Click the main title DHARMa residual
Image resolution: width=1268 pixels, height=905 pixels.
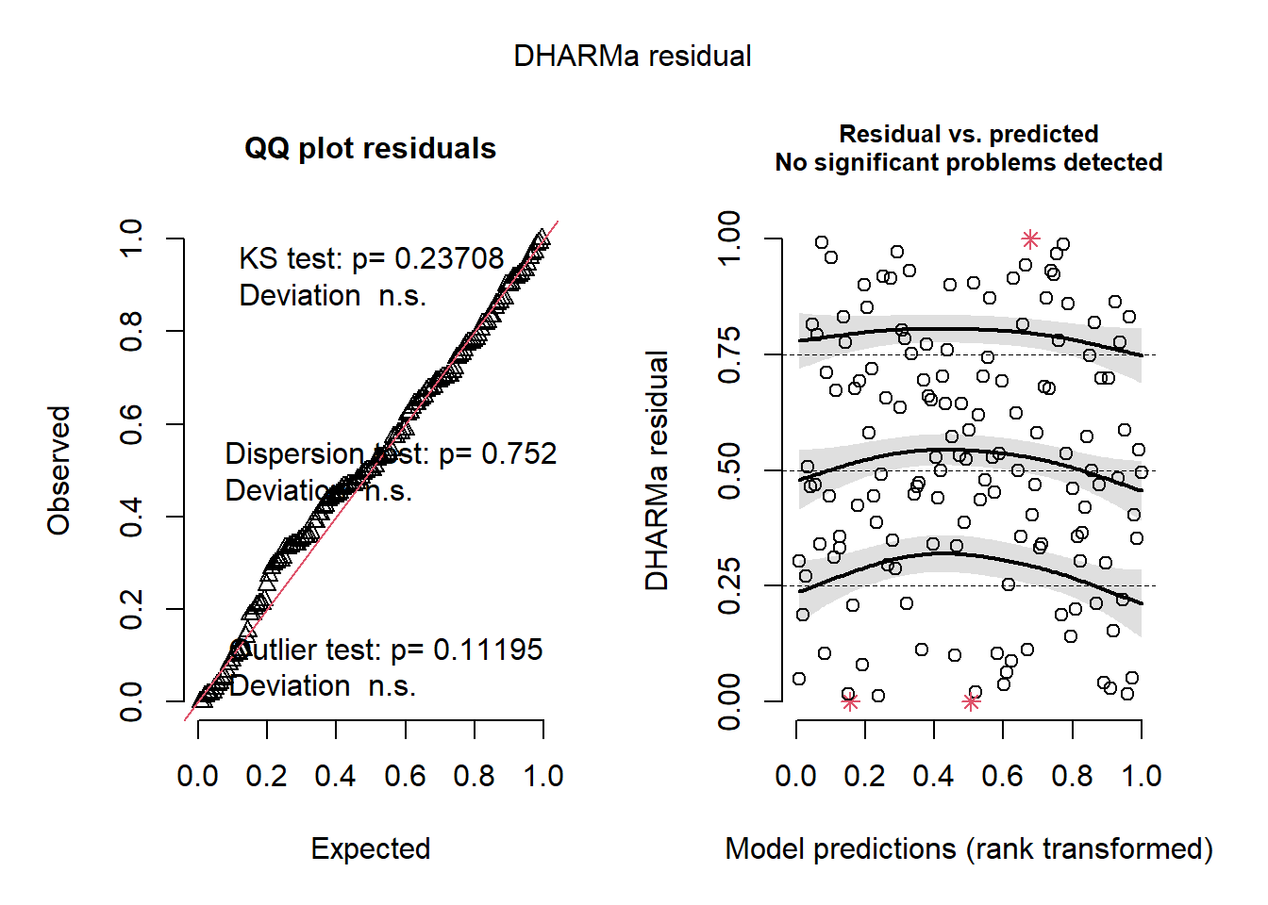632,57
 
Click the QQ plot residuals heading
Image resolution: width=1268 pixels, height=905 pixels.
370,149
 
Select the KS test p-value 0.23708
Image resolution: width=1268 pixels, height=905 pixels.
449,258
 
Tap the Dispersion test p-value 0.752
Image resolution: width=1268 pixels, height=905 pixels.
519,453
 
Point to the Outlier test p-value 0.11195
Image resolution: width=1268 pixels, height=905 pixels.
488,650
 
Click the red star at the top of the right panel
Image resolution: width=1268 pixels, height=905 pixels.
1030,239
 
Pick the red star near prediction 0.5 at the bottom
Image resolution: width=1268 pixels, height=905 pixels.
971,701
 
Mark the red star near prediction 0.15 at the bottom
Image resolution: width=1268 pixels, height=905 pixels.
850,701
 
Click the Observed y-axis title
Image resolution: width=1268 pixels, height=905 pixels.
59,470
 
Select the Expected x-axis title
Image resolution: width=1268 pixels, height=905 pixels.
371,848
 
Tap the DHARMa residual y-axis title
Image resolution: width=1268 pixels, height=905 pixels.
657,470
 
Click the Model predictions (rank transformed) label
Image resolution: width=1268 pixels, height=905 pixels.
969,848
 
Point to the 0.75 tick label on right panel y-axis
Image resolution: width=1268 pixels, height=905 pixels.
729,354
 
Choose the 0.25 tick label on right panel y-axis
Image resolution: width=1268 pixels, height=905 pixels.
729,585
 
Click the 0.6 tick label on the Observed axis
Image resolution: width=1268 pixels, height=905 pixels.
131,424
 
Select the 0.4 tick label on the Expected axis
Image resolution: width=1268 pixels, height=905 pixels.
336,776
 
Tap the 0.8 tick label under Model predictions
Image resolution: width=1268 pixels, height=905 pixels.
1073,776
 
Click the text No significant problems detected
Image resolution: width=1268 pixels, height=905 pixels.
969,163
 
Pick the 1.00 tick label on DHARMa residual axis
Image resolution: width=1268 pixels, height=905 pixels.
729,239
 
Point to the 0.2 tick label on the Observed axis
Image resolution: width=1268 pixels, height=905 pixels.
131,609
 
